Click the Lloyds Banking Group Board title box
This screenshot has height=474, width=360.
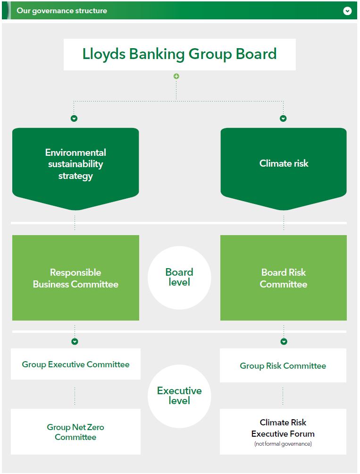[179, 54]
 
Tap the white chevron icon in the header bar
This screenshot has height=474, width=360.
[347, 10]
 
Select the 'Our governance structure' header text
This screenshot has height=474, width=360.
[62, 10]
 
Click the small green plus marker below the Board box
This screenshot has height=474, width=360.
[176, 76]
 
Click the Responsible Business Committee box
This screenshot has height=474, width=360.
[75, 278]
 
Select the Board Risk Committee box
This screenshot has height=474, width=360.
[284, 278]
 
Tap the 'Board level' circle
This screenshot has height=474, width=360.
[179, 278]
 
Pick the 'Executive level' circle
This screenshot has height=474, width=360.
[179, 396]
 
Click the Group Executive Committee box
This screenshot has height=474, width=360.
[75, 364]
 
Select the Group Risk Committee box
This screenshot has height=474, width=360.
[283, 365]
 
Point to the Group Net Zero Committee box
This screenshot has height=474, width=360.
[75, 432]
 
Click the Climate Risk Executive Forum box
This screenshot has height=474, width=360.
[283, 429]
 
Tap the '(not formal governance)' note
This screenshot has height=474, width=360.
[283, 444]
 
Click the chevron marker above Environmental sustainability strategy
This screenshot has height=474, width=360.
[74, 118]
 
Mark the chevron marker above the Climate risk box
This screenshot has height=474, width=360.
[283, 118]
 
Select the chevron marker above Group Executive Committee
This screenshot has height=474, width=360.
[75, 341]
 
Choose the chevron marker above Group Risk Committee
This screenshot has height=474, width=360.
[284, 341]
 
